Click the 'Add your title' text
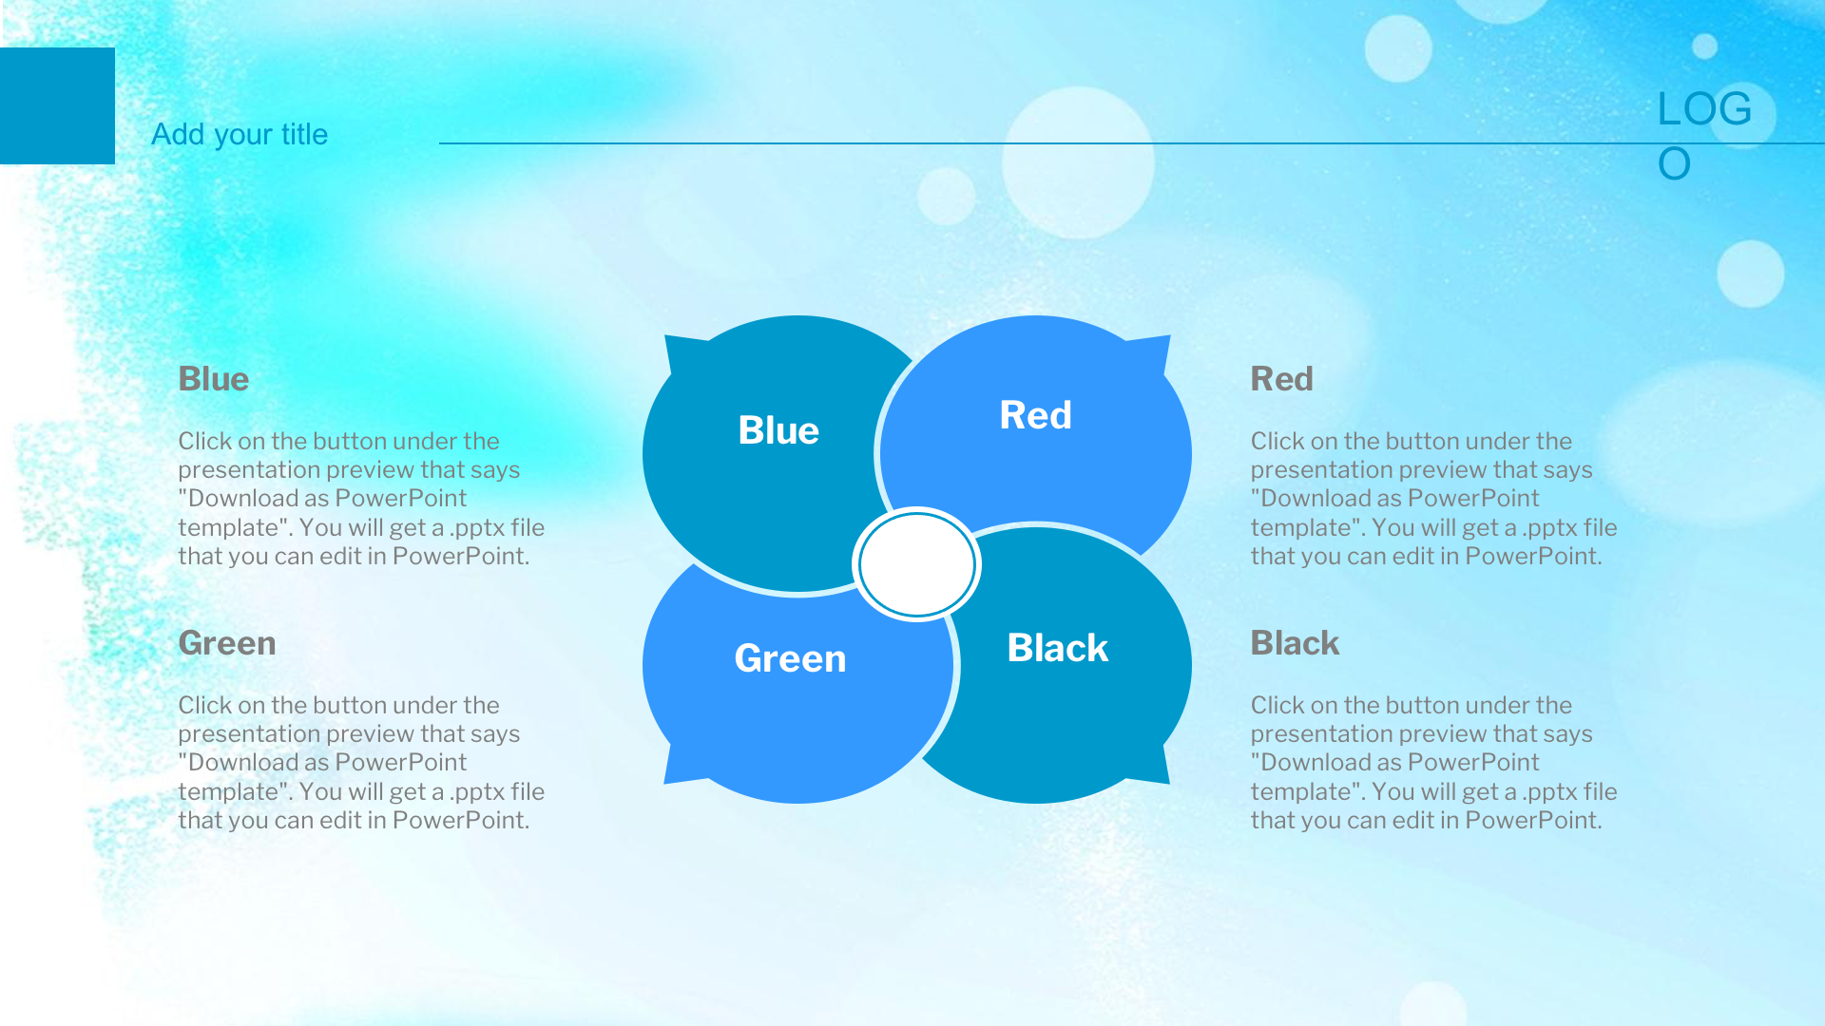(x=240, y=135)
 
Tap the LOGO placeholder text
(x=1704, y=136)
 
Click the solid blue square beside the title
(x=57, y=105)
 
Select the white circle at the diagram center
(x=917, y=564)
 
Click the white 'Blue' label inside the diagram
(x=778, y=430)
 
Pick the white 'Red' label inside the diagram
(x=1035, y=415)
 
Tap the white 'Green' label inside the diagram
(x=790, y=658)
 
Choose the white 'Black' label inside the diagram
(x=1057, y=648)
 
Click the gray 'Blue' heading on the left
(x=214, y=379)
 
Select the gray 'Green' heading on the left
(x=227, y=643)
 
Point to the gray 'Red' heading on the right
(x=1281, y=379)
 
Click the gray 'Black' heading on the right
(x=1295, y=643)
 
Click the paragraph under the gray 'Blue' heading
(x=361, y=499)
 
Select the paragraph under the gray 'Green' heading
(x=361, y=763)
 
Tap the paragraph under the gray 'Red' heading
(x=1433, y=499)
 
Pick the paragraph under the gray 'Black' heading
(x=1433, y=763)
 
